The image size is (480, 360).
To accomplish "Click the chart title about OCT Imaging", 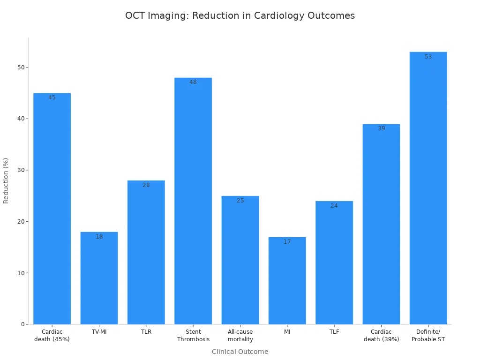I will point(240,15).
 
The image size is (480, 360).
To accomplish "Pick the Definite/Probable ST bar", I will point(428,187).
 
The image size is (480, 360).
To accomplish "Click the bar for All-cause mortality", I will point(240,260).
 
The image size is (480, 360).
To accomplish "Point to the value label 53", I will point(428,57).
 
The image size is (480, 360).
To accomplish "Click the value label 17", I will point(287,242).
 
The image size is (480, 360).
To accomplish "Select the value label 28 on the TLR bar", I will point(146,185).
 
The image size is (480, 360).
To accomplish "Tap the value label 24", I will point(334,206).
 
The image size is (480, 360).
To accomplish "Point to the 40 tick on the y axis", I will point(21,119).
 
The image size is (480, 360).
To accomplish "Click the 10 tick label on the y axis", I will point(21,273).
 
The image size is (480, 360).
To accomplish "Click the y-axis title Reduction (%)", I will point(6,180).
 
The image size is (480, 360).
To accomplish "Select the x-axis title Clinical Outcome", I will point(240,352).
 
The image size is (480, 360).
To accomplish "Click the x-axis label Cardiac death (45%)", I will point(52,336).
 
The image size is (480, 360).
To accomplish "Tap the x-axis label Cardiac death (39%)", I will point(381,336).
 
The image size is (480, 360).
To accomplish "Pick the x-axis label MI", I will point(287,332).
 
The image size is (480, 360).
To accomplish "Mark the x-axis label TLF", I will point(334,332).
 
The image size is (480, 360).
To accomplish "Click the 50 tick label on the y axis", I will point(21,67).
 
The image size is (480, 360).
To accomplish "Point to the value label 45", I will point(52,97).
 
